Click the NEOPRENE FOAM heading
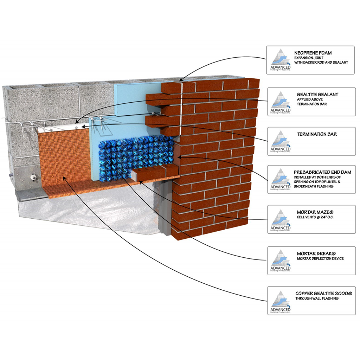313,53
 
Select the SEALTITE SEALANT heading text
317,95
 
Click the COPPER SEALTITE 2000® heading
323,293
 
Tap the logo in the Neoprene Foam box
280,60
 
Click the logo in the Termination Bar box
280,141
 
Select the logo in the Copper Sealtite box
280,300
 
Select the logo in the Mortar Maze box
280,220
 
